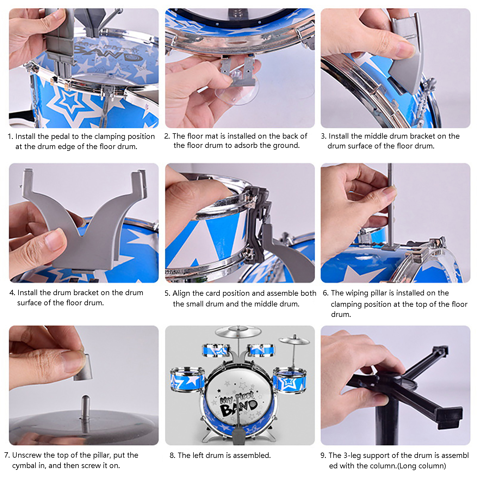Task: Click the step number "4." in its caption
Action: click(12, 293)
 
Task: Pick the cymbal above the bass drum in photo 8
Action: click(238, 331)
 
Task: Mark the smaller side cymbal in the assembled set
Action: click(294, 340)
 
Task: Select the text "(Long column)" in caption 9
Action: click(422, 466)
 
